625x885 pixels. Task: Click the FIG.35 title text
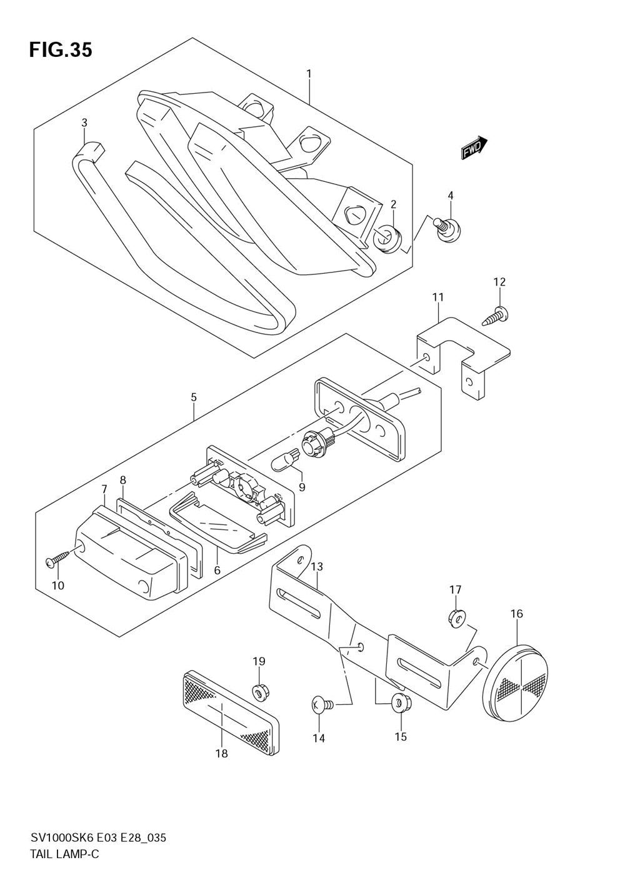(x=61, y=50)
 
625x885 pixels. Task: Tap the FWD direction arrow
(x=474, y=147)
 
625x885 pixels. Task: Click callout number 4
(x=451, y=195)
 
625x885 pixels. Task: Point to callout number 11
(x=437, y=297)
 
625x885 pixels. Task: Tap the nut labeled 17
(x=457, y=619)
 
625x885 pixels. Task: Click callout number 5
(x=194, y=397)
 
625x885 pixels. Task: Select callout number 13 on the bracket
(x=317, y=566)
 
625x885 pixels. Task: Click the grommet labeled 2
(x=387, y=238)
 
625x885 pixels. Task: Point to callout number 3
(x=84, y=122)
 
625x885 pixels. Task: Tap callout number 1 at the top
(x=309, y=74)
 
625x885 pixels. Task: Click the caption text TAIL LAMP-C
(x=64, y=864)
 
